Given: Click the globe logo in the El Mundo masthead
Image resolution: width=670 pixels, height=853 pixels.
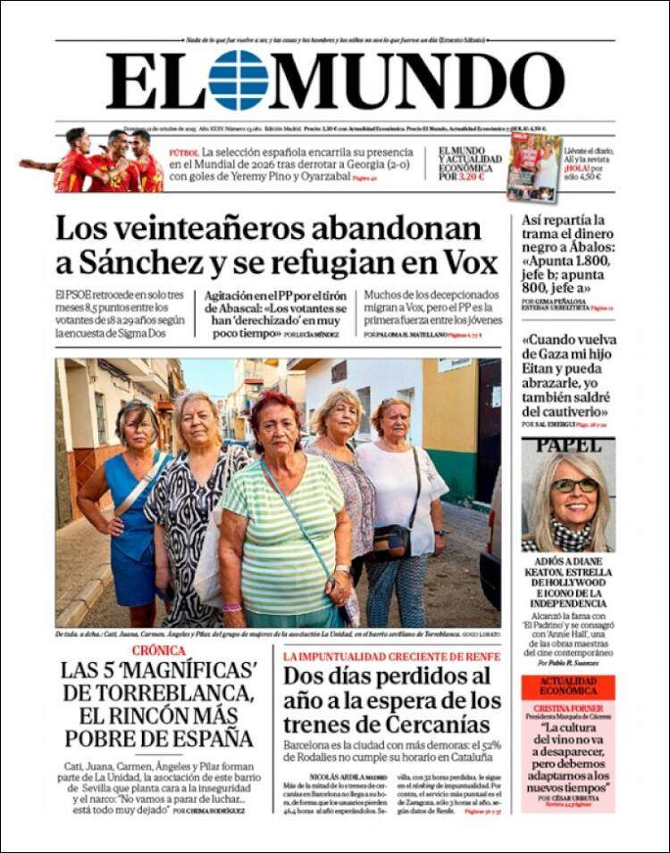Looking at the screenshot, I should (239, 80).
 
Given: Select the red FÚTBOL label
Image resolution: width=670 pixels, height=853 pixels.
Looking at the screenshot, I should (184, 153).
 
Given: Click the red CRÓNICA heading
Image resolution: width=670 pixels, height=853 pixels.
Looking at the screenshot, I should (158, 650).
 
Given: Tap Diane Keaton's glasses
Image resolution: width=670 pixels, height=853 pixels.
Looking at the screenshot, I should (574, 485).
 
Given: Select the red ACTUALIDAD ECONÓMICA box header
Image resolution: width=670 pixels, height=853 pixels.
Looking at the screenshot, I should (568, 686).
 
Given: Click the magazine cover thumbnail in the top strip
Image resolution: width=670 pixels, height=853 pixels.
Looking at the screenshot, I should (534, 168).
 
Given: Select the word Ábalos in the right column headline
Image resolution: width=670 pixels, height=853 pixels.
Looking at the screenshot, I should (582, 250).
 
